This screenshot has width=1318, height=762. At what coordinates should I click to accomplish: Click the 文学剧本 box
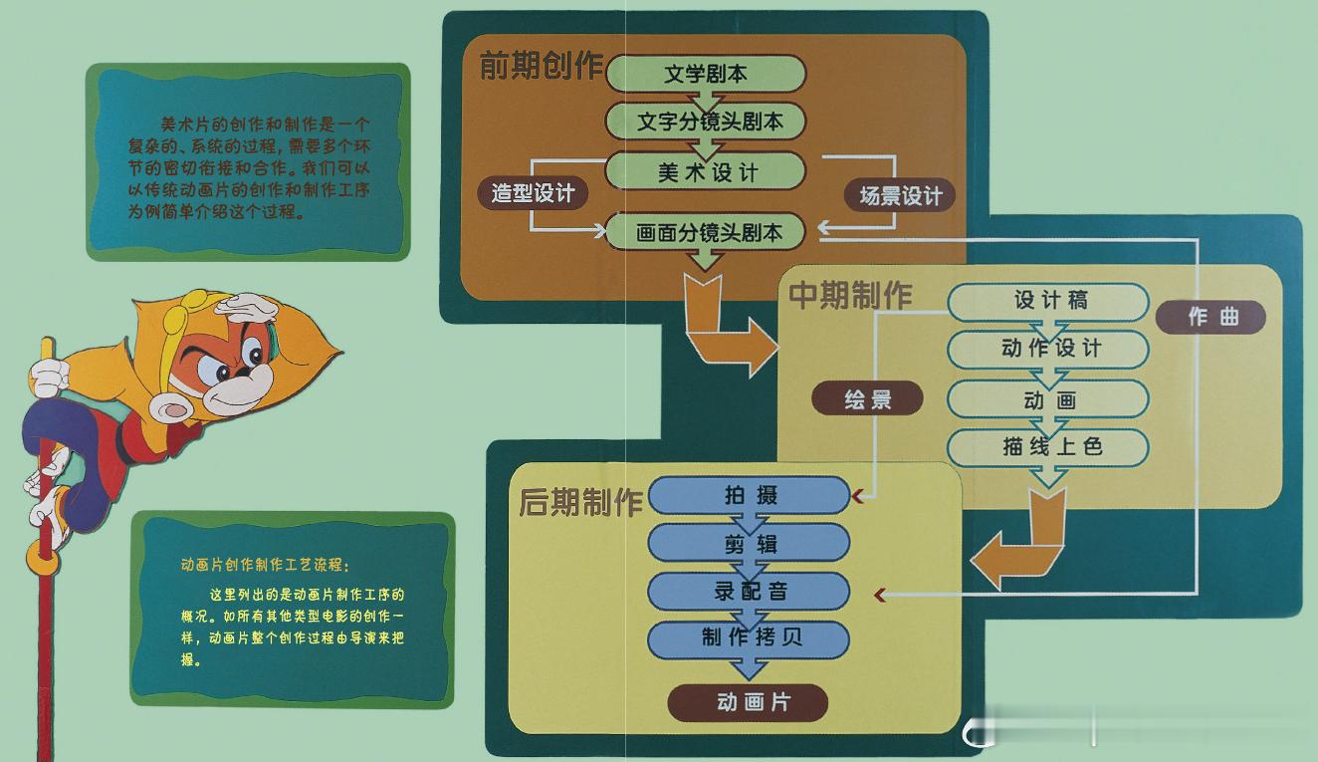tap(706, 74)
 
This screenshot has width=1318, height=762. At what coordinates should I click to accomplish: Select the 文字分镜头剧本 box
tap(706, 122)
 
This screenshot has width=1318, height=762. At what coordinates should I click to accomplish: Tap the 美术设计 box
tap(706, 172)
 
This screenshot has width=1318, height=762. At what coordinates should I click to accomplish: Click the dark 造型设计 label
tap(533, 193)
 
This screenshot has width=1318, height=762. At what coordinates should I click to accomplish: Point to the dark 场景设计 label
tap(900, 195)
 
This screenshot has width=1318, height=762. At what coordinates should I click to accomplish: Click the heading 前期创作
tap(541, 66)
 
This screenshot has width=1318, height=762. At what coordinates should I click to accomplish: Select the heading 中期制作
tap(850, 295)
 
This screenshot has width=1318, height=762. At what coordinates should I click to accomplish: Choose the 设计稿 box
tap(1048, 301)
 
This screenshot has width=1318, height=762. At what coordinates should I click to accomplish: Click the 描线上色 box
tap(1048, 447)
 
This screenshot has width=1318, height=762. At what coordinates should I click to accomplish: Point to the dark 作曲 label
tap(1211, 318)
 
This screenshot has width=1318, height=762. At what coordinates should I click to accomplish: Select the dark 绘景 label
tap(867, 399)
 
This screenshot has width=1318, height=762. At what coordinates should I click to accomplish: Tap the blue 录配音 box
tap(750, 591)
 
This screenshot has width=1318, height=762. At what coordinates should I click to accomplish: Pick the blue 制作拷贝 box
tap(750, 637)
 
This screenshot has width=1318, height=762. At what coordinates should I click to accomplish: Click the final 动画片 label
tap(748, 702)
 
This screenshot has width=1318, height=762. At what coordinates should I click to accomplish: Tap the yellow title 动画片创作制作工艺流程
tap(260, 564)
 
